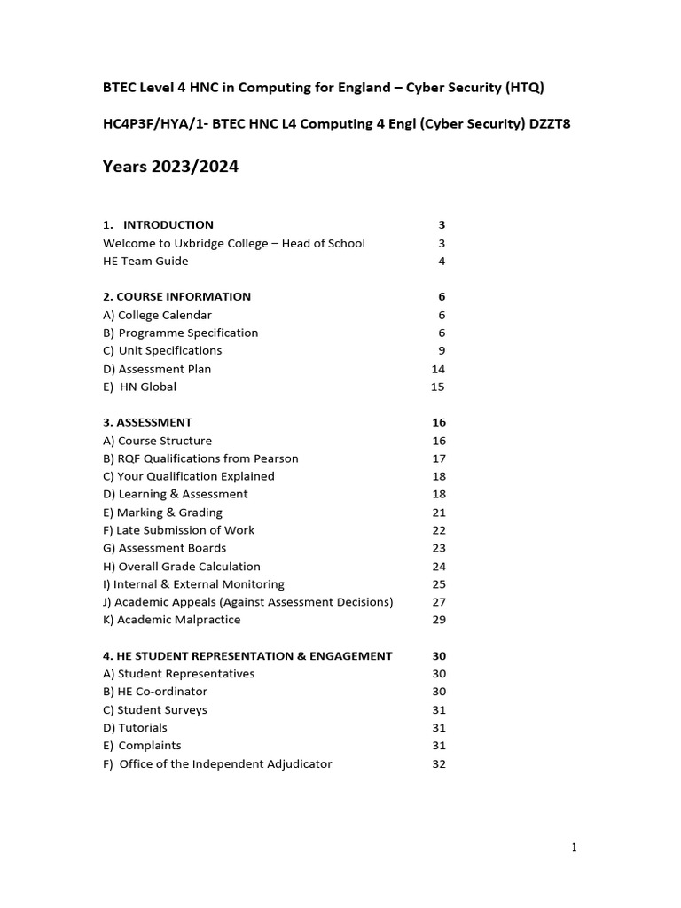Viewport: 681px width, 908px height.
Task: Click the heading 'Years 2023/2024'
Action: click(x=170, y=167)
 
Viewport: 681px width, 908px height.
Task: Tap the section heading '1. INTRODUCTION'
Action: click(x=158, y=224)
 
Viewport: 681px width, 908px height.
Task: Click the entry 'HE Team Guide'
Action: click(x=145, y=261)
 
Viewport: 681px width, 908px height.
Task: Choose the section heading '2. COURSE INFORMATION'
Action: click(x=176, y=296)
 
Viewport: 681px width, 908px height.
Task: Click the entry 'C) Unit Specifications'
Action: click(x=162, y=350)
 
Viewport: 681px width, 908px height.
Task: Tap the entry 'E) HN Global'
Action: click(x=139, y=387)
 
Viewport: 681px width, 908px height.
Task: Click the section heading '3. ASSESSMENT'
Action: click(x=147, y=422)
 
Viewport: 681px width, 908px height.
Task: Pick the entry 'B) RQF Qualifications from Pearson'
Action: click(x=200, y=458)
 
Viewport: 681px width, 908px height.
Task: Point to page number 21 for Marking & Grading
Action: click(x=438, y=513)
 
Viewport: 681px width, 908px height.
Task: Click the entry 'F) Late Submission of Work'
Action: click(x=178, y=530)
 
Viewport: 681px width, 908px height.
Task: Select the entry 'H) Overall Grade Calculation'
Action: click(x=182, y=567)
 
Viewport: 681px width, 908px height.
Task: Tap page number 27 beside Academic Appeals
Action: click(x=438, y=602)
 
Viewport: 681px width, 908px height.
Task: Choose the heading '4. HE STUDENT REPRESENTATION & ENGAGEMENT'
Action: click(x=247, y=656)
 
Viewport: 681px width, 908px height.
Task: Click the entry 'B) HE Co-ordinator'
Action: click(x=155, y=692)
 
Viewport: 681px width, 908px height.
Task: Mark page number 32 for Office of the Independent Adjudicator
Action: click(x=438, y=764)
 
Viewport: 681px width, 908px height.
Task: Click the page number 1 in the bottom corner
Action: click(x=574, y=848)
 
